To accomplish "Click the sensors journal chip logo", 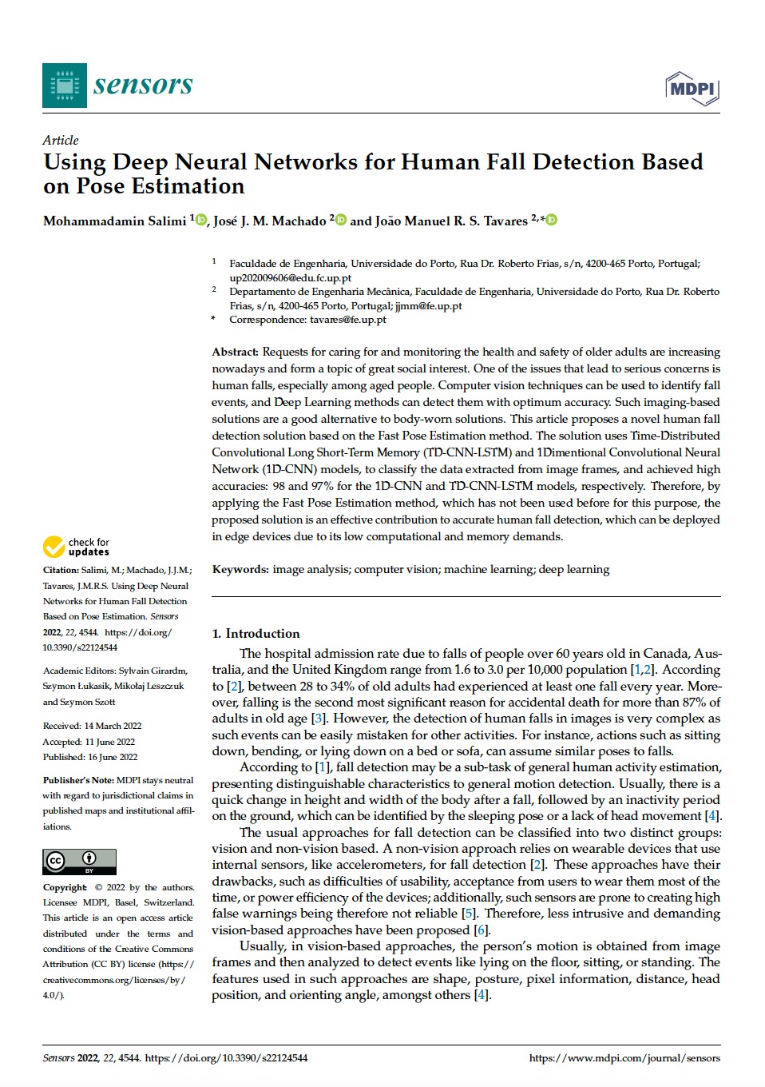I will pyautogui.click(x=64, y=86).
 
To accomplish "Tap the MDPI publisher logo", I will pyautogui.click(x=692, y=89).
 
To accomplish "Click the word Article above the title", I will pyautogui.click(x=61, y=140).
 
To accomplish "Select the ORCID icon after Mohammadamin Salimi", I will pyautogui.click(x=201, y=220).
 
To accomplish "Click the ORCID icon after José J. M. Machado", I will pyautogui.click(x=341, y=220).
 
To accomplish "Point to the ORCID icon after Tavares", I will pyautogui.click(x=551, y=220).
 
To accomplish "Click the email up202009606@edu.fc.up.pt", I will pyautogui.click(x=290, y=278).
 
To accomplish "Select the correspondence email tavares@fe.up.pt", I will pyautogui.click(x=347, y=320).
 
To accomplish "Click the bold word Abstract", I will pyautogui.click(x=235, y=352).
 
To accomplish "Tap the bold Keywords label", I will pyautogui.click(x=240, y=569).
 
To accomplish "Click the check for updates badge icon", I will pyautogui.click(x=54, y=547).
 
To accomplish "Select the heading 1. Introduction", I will pyautogui.click(x=256, y=633).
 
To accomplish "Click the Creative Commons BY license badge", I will pyautogui.click(x=79, y=862).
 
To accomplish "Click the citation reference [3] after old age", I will pyautogui.click(x=318, y=719).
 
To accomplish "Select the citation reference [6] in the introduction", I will pyautogui.click(x=481, y=930).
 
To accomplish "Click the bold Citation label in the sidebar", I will pyautogui.click(x=61, y=570).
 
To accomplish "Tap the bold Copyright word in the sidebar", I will pyautogui.click(x=65, y=887).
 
